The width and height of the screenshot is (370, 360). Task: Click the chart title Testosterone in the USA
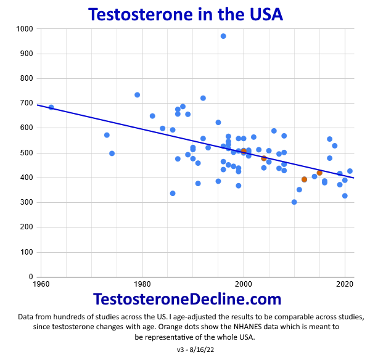click(185, 14)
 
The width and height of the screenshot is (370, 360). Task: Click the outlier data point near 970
click(223, 36)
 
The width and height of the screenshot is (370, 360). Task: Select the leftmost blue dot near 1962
click(51, 107)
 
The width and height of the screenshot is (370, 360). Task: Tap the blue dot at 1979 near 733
click(137, 95)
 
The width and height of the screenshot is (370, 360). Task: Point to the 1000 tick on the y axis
click(25, 29)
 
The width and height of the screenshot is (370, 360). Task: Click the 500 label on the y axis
click(27, 153)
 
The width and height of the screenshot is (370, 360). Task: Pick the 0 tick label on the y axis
click(31, 277)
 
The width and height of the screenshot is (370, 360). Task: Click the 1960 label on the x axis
click(41, 284)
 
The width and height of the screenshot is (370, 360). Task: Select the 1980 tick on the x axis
click(142, 284)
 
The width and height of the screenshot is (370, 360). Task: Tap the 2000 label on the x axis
click(244, 284)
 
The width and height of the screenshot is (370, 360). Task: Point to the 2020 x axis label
click(345, 284)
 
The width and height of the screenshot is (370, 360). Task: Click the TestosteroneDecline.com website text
click(187, 300)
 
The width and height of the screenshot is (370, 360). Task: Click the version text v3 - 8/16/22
click(185, 350)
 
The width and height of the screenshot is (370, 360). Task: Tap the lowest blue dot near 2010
click(294, 202)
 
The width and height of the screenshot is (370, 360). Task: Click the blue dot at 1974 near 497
click(112, 153)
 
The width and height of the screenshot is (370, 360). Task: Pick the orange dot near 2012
click(304, 179)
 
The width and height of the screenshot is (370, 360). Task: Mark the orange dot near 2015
click(319, 173)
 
